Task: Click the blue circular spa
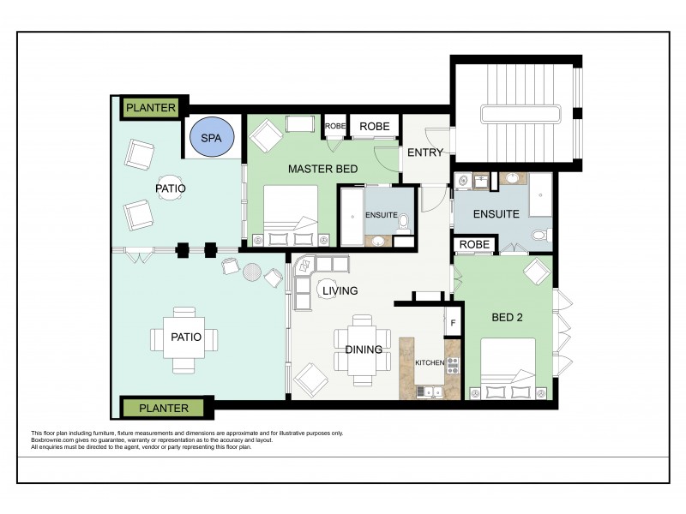point(210,138)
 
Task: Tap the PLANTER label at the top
point(151,108)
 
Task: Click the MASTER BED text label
point(322,169)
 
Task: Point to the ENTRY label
point(424,153)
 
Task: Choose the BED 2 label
point(507,318)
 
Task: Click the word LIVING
point(340,290)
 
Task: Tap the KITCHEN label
point(430,363)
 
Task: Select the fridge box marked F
point(453,323)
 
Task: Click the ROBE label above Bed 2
point(474,244)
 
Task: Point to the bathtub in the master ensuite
point(352,215)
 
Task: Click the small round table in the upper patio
point(169,194)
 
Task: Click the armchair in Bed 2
point(537,272)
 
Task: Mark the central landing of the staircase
point(520,114)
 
